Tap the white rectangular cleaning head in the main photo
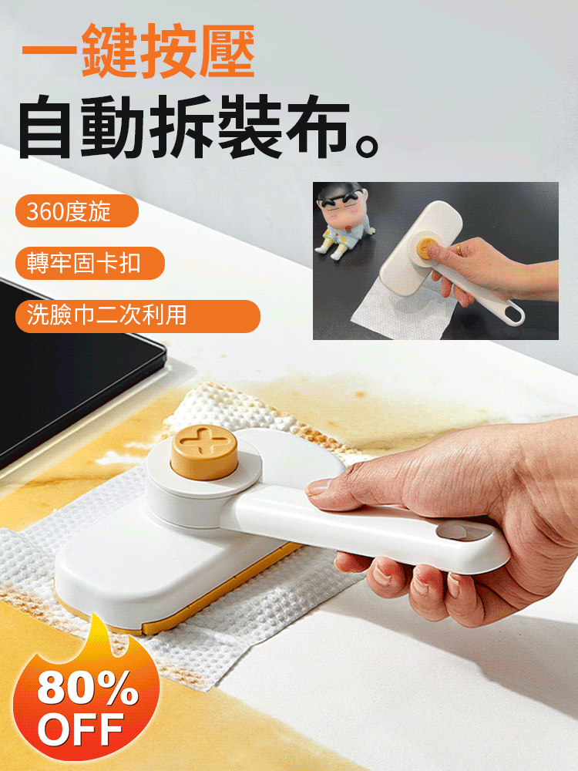146,571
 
